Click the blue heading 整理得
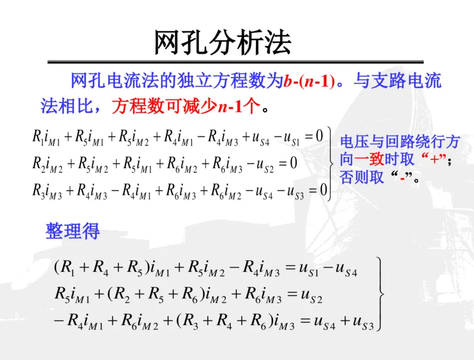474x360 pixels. coord(73,231)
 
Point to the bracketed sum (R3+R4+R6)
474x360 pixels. coord(229,321)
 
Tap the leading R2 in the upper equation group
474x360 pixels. coord(37,163)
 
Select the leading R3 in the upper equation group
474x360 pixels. coord(37,189)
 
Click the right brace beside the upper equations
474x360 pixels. coord(331,162)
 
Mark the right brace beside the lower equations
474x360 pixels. coord(382,294)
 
